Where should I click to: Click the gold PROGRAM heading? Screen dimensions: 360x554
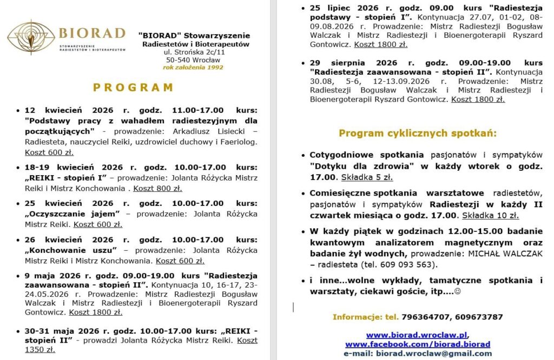pos(133,88)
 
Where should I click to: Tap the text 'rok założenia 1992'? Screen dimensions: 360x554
pos(193,68)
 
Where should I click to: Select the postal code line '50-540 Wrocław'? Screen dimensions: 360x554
pos(193,60)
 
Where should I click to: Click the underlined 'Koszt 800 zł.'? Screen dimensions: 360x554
pos(157,188)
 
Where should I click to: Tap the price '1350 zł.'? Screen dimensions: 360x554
pos(39,350)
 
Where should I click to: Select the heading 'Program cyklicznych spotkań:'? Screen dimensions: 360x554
pos(417,133)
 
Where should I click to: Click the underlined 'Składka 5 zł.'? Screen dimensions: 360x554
pos(367,177)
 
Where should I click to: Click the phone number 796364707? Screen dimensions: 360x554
pos(424,317)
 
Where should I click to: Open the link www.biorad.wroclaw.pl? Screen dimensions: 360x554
pos(417,335)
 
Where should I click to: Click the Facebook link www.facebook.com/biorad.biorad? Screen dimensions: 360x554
pos(417,344)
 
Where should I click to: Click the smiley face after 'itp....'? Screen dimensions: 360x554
pos(457,291)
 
